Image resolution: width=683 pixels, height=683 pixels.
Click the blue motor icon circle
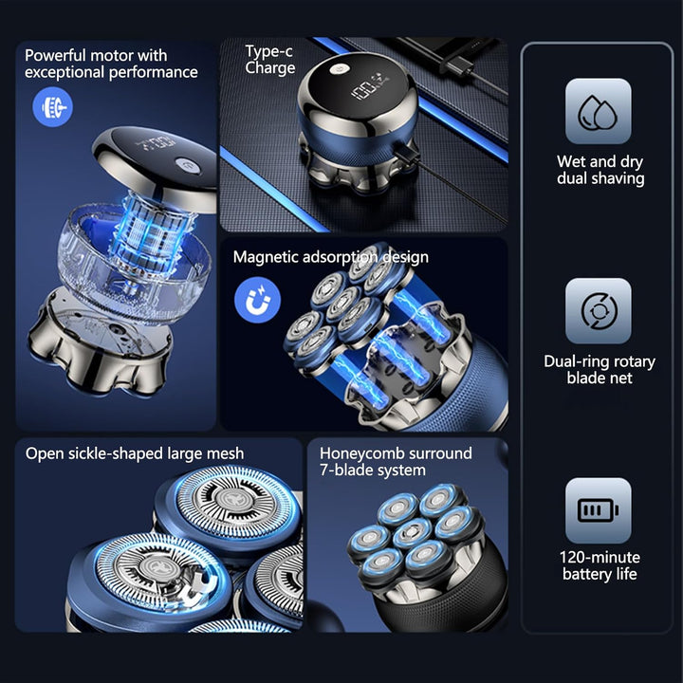tap(53, 106)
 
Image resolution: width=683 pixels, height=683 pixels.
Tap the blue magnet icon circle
tap(257, 300)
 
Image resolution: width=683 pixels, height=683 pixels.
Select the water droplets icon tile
tap(598, 111)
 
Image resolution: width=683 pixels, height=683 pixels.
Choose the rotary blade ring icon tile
tap(598, 310)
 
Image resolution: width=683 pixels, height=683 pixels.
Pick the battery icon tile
tap(598, 510)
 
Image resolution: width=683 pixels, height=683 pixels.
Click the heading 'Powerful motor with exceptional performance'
tap(111, 64)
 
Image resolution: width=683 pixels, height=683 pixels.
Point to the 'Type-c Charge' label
tap(269, 60)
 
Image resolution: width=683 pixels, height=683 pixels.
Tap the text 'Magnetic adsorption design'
tap(331, 257)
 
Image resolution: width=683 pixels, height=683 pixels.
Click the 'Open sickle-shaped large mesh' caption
tap(135, 453)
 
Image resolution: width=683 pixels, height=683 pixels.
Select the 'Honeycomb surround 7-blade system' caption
tap(396, 461)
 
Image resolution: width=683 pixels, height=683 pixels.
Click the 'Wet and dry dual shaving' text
tap(600, 170)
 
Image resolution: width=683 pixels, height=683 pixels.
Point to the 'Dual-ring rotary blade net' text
tap(600, 369)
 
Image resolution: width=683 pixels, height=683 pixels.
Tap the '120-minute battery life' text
tap(600, 565)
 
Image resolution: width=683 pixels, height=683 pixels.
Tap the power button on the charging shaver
tap(337, 68)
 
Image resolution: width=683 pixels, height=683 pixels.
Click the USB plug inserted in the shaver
tap(406, 153)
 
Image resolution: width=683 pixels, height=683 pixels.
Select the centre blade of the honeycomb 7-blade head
tap(412, 532)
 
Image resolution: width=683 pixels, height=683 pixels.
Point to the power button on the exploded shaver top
tap(188, 165)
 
